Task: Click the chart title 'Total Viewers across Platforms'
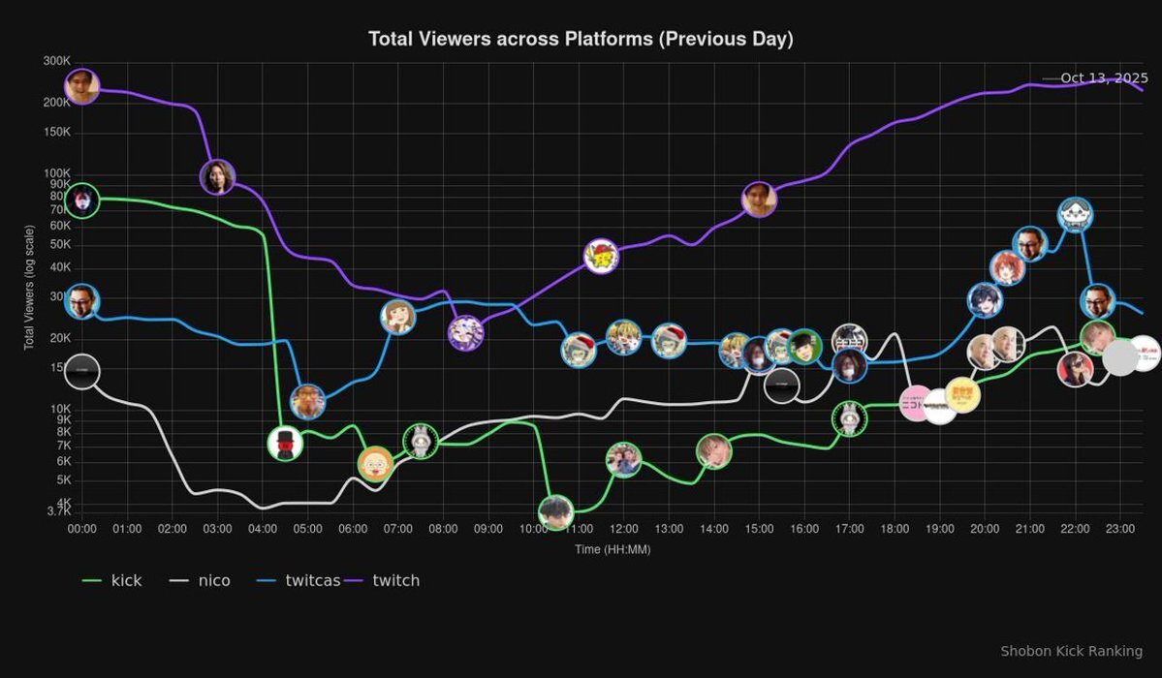click(x=581, y=39)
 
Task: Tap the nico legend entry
click(x=200, y=580)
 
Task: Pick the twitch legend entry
click(x=383, y=580)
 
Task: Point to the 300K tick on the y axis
click(x=57, y=61)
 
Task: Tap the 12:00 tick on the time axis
click(x=624, y=529)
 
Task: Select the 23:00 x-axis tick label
click(x=1119, y=529)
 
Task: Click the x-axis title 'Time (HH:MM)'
click(x=613, y=549)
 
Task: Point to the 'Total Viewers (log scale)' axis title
click(x=29, y=287)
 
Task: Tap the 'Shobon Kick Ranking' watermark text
click(x=1071, y=651)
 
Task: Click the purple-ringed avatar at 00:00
click(x=82, y=85)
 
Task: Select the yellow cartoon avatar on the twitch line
click(x=602, y=256)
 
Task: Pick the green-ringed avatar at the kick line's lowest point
click(x=555, y=511)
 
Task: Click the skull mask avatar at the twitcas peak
click(x=1076, y=214)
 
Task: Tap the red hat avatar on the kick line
click(x=285, y=444)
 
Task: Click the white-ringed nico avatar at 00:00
click(x=82, y=371)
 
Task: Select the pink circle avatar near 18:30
click(x=917, y=402)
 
